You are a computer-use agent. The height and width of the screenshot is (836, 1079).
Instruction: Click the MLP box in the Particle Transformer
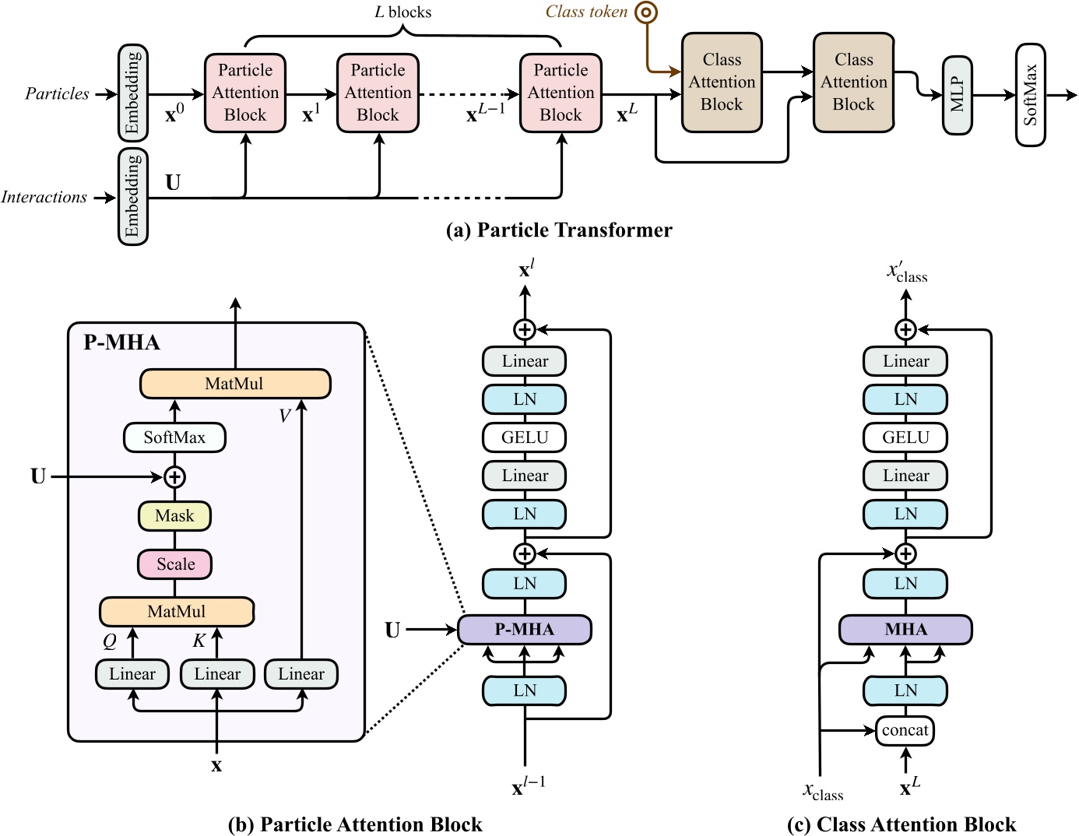click(957, 95)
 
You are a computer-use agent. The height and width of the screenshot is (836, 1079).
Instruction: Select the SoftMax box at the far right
click(1030, 95)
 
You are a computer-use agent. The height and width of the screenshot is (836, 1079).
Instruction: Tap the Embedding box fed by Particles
click(132, 93)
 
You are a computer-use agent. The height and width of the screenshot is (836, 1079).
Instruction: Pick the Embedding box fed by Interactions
click(132, 197)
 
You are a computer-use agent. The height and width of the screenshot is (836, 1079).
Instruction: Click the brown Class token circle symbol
click(646, 12)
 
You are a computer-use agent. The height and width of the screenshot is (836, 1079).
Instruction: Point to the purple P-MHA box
click(524, 629)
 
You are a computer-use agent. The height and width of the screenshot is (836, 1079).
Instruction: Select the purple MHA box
click(905, 629)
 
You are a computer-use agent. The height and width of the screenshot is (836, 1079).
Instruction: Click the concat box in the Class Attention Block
click(905, 730)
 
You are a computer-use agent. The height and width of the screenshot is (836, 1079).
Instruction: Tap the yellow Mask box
click(174, 515)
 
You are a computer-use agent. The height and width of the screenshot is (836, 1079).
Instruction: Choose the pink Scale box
click(174, 564)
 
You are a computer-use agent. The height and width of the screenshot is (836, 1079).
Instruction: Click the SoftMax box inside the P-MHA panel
click(174, 437)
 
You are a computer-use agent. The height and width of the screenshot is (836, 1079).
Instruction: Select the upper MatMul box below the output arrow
click(234, 384)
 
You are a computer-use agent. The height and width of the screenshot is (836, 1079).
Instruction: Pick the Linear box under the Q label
click(132, 674)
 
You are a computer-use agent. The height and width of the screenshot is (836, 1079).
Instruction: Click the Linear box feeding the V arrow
click(301, 674)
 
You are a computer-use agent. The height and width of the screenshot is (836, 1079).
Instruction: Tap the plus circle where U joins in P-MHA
click(174, 476)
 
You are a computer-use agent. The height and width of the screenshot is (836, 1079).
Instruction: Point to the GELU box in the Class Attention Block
click(905, 437)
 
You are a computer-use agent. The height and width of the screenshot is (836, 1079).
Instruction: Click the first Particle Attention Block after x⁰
click(245, 93)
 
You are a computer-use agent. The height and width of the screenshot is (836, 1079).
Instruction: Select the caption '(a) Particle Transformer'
click(558, 230)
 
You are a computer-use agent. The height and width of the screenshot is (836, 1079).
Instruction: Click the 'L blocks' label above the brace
click(402, 12)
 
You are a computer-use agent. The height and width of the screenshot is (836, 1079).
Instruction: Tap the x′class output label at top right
click(907, 272)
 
